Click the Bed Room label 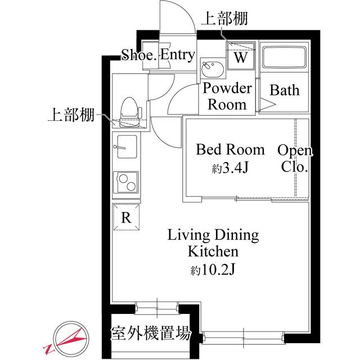click(x=229, y=150)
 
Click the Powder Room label click(x=227, y=96)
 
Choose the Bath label click(x=285, y=90)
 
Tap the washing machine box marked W click(x=240, y=57)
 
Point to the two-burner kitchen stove click(x=127, y=183)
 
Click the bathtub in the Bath click(x=284, y=57)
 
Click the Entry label click(x=177, y=55)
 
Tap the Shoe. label click(x=139, y=55)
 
